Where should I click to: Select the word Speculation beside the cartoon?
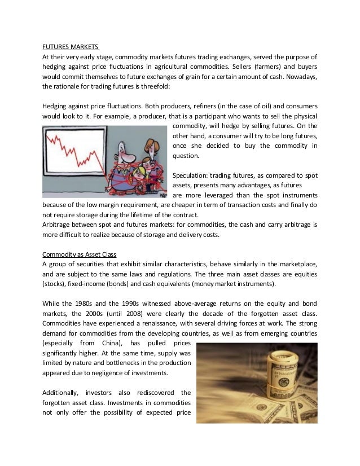191,174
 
